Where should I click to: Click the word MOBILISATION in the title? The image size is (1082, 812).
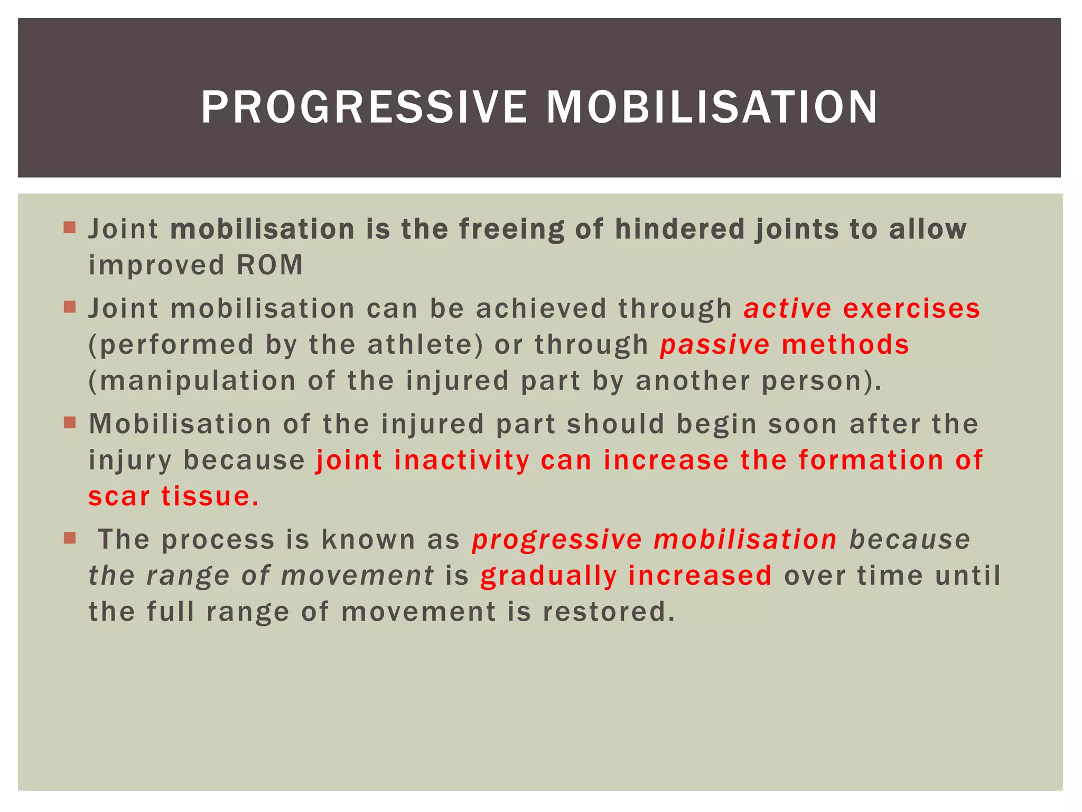point(712,107)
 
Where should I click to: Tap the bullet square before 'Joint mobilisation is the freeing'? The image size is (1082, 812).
point(69,228)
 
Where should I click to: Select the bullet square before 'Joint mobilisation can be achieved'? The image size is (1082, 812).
point(69,307)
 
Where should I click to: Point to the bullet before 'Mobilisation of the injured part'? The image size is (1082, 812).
point(69,422)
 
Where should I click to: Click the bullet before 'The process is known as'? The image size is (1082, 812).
point(69,538)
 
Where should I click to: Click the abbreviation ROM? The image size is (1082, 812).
point(269,265)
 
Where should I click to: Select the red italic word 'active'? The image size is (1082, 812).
point(787,308)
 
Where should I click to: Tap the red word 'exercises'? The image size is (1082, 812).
point(911,308)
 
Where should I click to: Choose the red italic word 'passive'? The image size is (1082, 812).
point(714,345)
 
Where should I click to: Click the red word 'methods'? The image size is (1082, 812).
point(845,345)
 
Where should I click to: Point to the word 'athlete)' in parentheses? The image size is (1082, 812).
point(425,345)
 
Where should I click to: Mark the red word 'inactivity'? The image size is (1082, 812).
point(461,460)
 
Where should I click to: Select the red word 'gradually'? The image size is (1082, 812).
point(548,576)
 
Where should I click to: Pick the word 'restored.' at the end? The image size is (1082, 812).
point(609,612)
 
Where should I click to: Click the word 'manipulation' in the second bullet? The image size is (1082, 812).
point(198,381)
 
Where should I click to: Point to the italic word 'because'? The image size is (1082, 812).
point(910,539)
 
